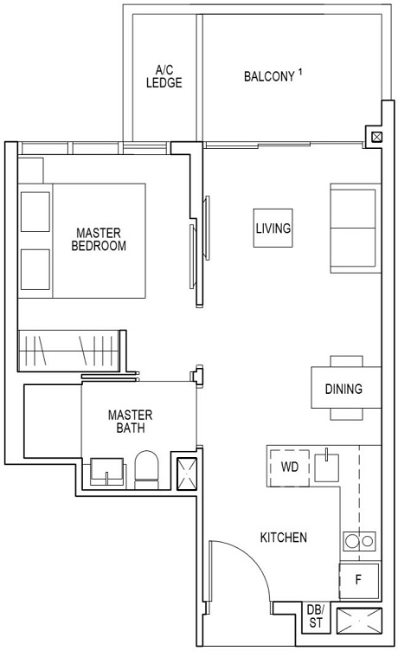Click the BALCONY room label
point(267,76)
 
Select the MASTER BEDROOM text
point(100,239)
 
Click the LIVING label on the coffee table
point(273,229)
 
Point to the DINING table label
point(343,389)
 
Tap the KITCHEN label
point(283,538)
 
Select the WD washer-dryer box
point(289,467)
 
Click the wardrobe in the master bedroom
point(71,351)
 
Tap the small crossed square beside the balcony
point(376,137)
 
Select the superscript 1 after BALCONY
point(299,72)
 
